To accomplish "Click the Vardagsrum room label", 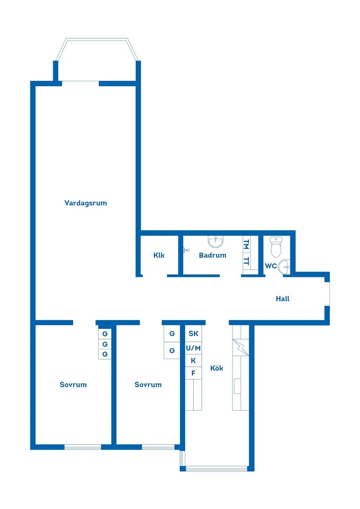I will [86, 203].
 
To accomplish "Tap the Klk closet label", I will [159, 255].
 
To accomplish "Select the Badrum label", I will [213, 255].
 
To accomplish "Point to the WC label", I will [271, 266].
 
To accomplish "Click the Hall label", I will [282, 299].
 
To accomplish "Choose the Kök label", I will [216, 368].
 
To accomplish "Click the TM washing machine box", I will [247, 244].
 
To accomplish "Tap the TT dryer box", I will [247, 261].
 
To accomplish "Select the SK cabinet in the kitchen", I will [193, 334].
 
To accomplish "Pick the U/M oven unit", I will [193, 348].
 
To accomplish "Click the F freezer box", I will [193, 373].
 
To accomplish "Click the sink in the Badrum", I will [215, 242].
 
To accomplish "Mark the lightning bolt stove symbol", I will [240, 347].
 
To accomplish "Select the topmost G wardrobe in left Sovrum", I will [105, 334].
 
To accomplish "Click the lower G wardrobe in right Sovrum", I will [172, 350].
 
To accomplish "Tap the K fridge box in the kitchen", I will [193, 361].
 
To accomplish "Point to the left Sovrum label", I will [73, 385].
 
